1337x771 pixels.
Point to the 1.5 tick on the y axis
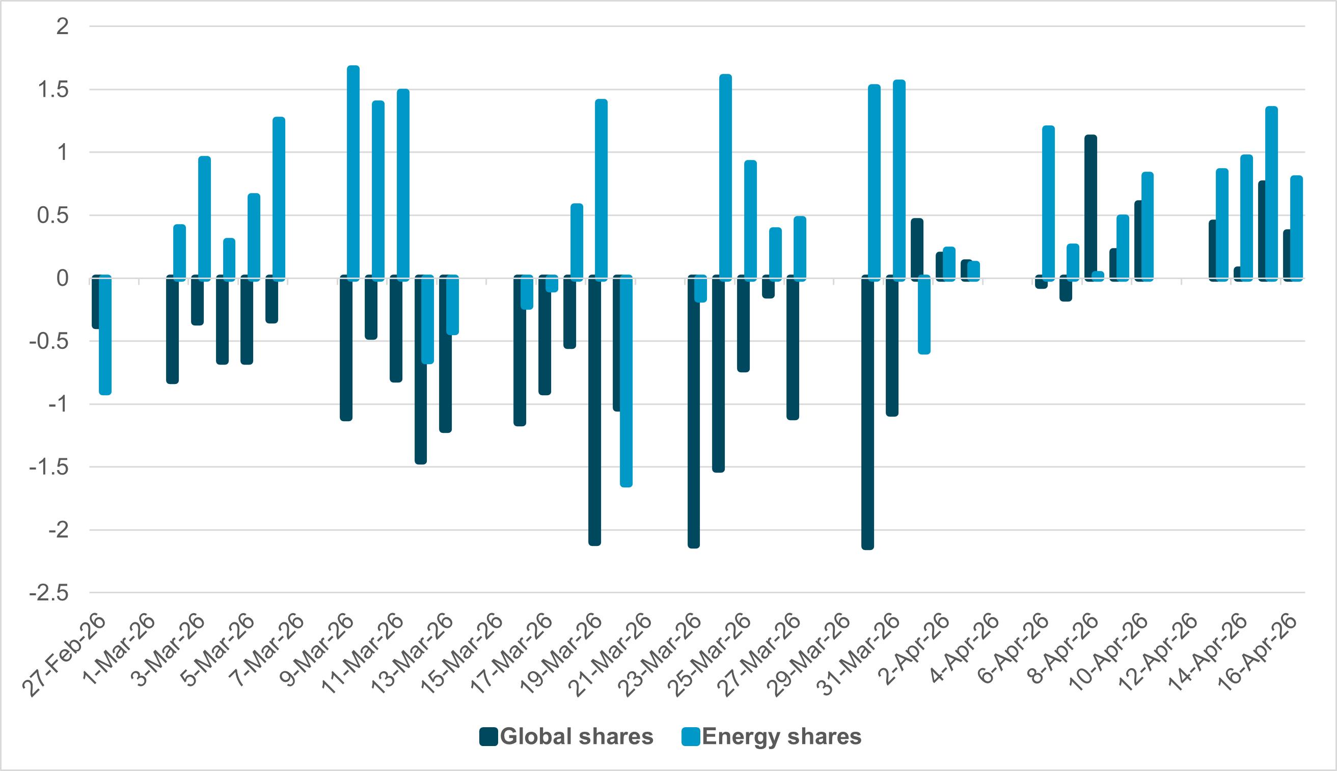[x=53, y=90]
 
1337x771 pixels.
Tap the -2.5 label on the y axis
[x=49, y=593]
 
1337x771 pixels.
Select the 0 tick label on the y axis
[x=62, y=278]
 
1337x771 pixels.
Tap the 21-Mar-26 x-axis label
[x=610, y=654]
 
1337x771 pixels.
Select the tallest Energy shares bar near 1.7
[x=353, y=172]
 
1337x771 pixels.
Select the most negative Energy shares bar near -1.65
[x=626, y=381]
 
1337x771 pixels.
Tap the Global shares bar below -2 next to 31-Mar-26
[x=867, y=413]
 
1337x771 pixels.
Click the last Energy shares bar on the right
[x=1296, y=228]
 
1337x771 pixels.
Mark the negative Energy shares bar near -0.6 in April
[x=924, y=315]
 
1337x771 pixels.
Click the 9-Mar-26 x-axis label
[x=316, y=650]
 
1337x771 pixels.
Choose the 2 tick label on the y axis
[x=63, y=26]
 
